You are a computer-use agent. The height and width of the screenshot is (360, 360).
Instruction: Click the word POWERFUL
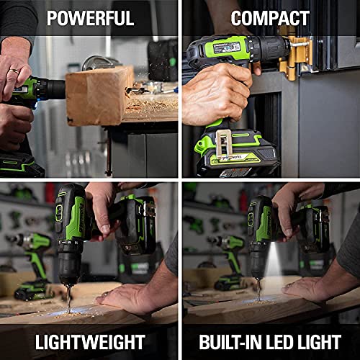click(90, 17)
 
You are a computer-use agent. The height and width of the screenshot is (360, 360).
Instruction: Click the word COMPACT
click(270, 17)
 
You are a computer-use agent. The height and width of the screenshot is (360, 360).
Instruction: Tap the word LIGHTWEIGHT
click(90, 342)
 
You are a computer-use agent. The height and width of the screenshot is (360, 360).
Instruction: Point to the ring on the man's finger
click(14, 72)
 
